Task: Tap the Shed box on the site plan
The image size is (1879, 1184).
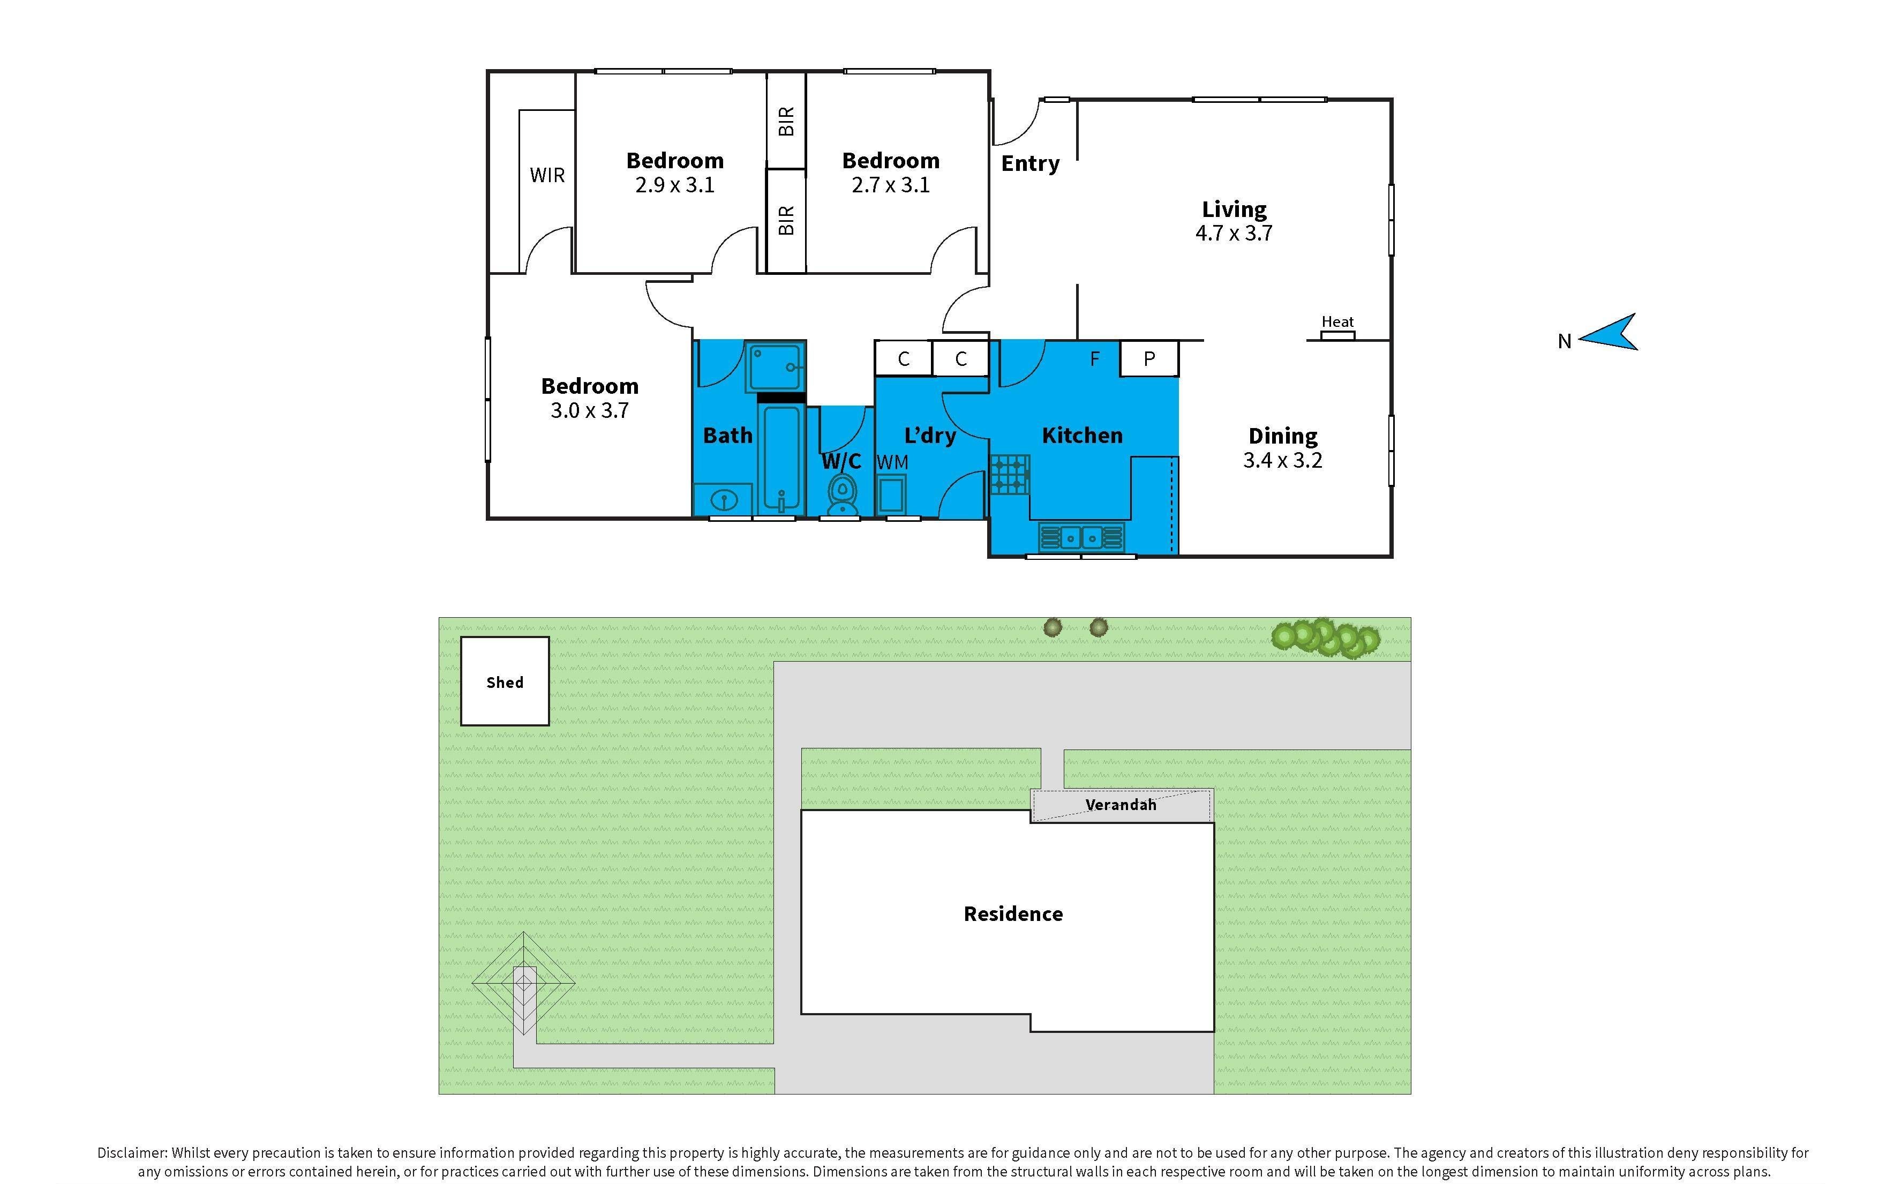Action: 505,681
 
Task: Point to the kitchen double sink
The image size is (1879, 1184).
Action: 1081,537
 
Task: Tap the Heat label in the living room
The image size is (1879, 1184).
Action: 1337,321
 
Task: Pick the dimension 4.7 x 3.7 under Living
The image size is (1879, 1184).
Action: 1234,234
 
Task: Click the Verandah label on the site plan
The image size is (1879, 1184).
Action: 1121,805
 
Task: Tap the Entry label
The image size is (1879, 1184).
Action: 1030,163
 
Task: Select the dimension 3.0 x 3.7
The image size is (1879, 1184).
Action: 589,410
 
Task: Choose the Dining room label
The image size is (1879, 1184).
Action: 1283,436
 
